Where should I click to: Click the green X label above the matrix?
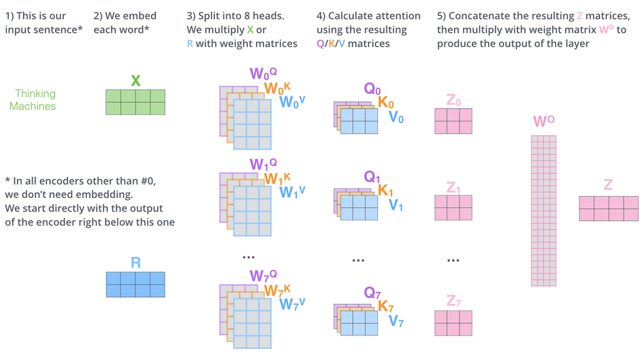(136, 80)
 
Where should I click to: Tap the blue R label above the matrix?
(136, 262)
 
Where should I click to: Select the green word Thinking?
(35, 94)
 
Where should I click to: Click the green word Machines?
(33, 106)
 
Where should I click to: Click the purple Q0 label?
(372, 89)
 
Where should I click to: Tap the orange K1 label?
(386, 190)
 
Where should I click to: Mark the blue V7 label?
(396, 321)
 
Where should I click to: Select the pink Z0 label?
(453, 100)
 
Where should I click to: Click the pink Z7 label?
(453, 301)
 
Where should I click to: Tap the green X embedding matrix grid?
(136, 102)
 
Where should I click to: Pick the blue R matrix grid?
(136, 284)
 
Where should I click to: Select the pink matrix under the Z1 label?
(453, 208)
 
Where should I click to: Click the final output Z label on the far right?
(608, 185)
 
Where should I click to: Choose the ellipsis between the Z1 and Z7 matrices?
(453, 260)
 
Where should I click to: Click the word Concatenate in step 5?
(475, 15)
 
